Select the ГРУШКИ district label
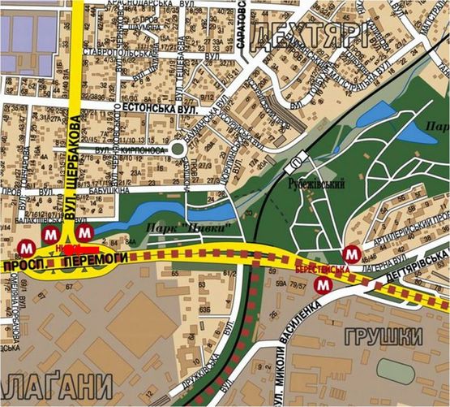(384, 336)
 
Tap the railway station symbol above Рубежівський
(290, 158)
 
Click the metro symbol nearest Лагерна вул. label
(350, 253)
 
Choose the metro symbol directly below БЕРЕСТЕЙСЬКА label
(323, 284)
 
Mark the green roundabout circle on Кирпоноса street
(178, 149)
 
